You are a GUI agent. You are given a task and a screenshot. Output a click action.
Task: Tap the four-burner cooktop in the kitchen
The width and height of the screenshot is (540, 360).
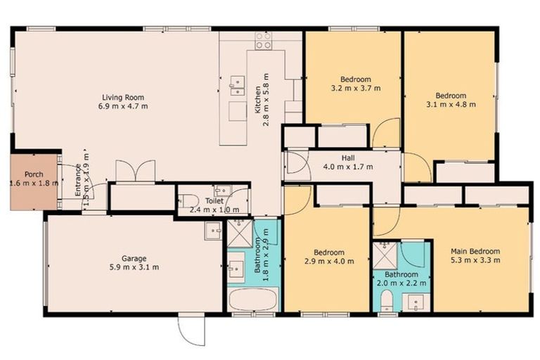coord(264,41)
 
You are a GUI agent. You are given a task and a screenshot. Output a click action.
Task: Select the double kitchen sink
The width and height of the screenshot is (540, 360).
coord(236,85)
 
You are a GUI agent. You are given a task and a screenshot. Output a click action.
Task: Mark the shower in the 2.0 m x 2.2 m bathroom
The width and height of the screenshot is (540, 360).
coord(384,252)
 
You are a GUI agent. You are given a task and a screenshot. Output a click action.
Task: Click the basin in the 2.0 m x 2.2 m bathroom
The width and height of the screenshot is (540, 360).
coord(414,302)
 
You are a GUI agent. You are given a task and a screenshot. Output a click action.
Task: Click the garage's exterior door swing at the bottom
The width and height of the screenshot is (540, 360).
coord(191,327)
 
